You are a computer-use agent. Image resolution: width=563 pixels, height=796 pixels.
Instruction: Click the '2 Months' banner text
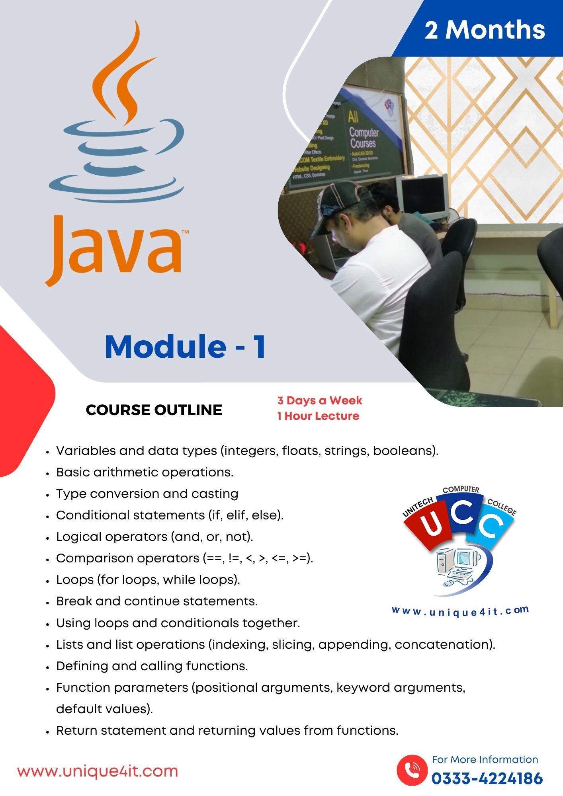point(485,30)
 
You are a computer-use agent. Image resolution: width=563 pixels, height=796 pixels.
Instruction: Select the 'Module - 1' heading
point(185,347)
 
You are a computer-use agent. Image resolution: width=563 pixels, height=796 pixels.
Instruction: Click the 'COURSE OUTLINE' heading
point(154,410)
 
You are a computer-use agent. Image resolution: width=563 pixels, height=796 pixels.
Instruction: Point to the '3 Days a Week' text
point(320,400)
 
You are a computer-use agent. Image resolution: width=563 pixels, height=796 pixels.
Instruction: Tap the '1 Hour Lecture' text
point(318,416)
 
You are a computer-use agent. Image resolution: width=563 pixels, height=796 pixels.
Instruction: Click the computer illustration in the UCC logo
point(458,565)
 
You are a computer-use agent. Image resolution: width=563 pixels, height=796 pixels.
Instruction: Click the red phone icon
point(412,770)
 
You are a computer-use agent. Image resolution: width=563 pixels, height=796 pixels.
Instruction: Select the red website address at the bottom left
point(98,771)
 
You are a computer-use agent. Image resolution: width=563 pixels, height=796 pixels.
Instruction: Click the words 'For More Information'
point(485,759)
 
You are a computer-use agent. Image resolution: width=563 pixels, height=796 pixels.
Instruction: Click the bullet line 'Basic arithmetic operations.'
point(145,472)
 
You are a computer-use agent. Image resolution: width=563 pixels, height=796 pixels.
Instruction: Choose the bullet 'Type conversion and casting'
point(147,494)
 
